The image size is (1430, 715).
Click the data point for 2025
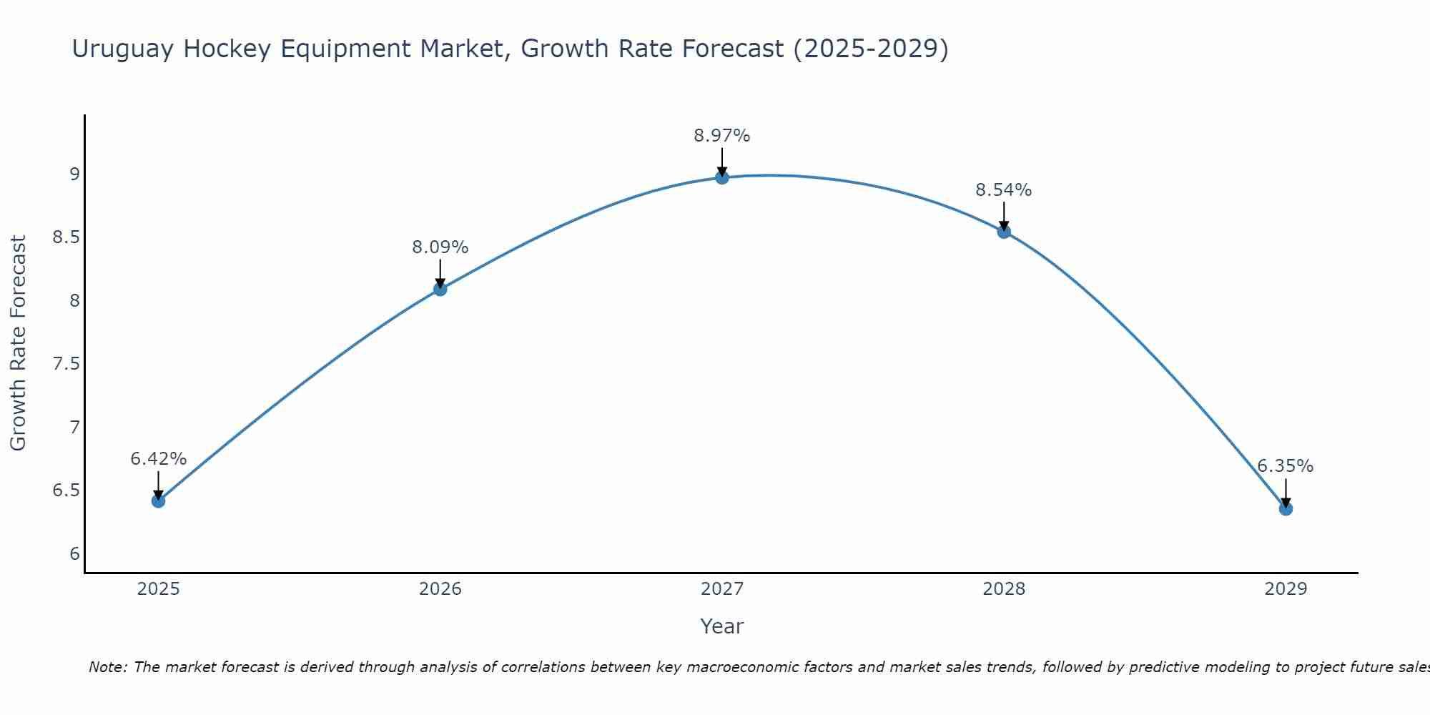(x=159, y=500)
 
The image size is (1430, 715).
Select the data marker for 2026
(x=440, y=289)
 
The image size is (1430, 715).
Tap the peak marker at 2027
(x=722, y=177)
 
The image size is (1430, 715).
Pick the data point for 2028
(x=1004, y=232)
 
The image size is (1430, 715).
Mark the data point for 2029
(x=1286, y=508)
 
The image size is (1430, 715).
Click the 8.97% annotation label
(x=722, y=135)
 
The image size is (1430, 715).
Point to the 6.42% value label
(x=159, y=459)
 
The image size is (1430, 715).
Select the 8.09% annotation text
(x=440, y=247)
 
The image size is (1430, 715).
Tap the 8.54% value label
(x=1004, y=190)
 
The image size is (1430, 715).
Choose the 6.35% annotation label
(x=1286, y=466)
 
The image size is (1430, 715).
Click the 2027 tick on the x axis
(x=722, y=589)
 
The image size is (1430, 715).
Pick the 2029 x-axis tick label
(x=1286, y=589)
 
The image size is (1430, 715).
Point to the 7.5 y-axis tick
(x=66, y=364)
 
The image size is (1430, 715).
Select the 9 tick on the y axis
(x=74, y=174)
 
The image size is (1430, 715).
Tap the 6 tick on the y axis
(x=74, y=554)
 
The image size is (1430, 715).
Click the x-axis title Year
(x=722, y=626)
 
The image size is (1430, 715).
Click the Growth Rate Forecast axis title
(x=19, y=343)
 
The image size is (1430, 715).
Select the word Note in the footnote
(x=107, y=667)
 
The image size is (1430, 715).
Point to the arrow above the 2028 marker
(x=1004, y=215)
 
